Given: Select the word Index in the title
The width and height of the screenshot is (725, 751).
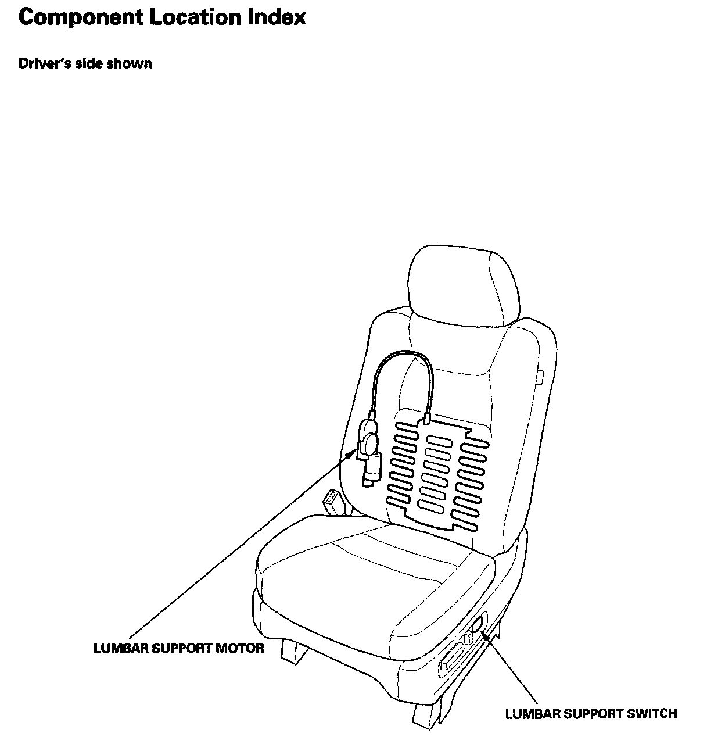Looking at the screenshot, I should click(x=278, y=18).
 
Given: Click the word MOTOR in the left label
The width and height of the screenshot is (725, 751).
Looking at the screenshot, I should click(x=240, y=648).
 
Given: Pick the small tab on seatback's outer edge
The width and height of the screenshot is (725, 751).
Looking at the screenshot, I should click(x=540, y=378).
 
